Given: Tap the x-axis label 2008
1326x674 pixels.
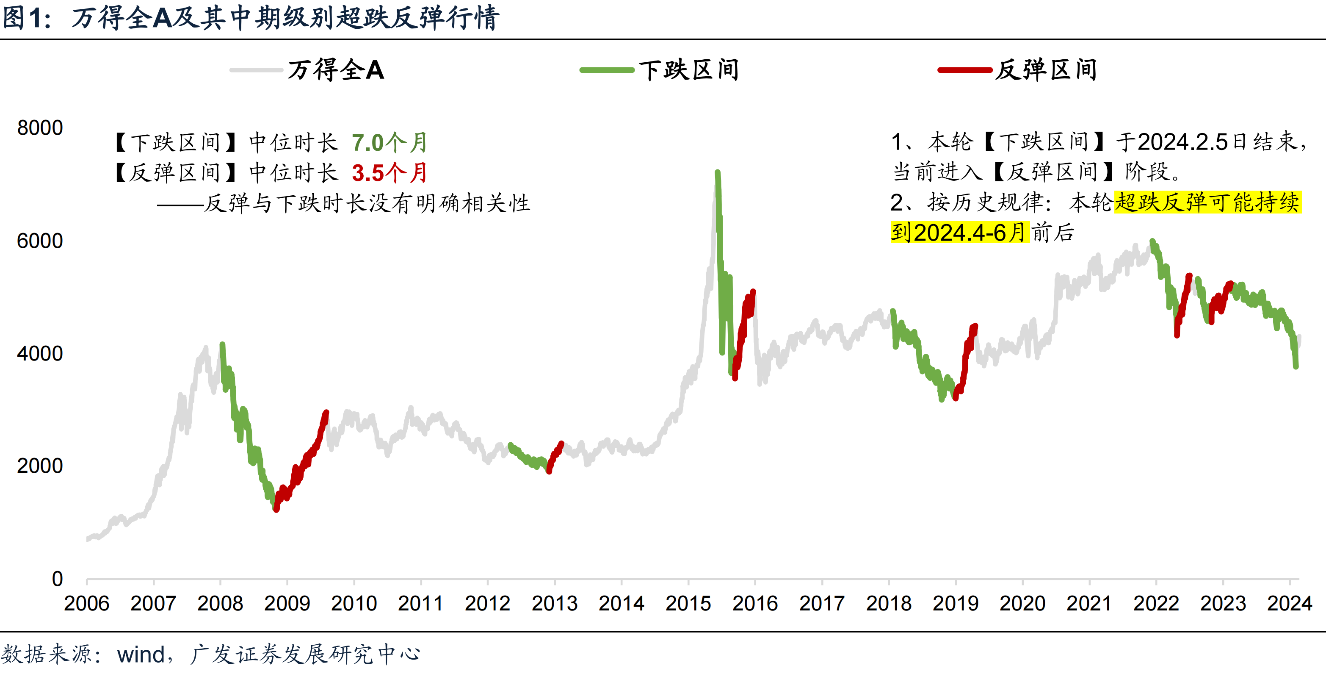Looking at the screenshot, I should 220,603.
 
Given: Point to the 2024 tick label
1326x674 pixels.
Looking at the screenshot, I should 1290,603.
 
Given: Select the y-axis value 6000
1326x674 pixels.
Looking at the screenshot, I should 40,241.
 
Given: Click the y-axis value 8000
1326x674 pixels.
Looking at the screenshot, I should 40,128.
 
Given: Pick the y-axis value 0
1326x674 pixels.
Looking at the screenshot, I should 57,579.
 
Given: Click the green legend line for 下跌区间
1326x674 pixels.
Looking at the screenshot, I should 606,70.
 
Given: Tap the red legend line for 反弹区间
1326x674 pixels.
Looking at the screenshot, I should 964,70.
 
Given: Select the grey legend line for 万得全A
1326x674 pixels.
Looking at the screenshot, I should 256,70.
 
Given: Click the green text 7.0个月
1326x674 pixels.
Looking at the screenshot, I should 389,143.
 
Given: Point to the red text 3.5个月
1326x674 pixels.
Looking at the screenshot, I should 389,173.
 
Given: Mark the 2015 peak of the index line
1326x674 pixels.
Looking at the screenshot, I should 717,172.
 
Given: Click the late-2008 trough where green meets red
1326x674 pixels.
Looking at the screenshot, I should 276,509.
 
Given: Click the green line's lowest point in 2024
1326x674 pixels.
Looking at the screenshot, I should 1296,366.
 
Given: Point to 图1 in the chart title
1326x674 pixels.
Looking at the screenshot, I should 26,18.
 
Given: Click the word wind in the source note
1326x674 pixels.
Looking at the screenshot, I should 141,655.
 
